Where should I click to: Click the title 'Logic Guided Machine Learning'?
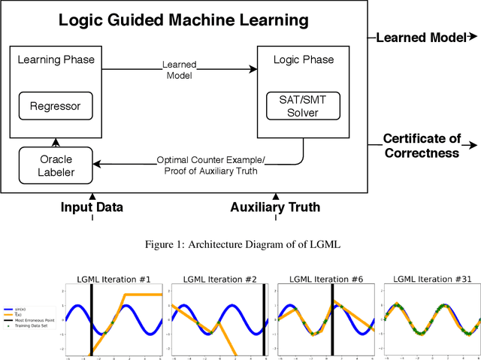pos(184,20)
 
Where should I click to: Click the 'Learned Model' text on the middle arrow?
pos(178,70)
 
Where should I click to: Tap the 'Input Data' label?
pos(92,207)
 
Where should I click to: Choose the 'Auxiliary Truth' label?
pos(275,207)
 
